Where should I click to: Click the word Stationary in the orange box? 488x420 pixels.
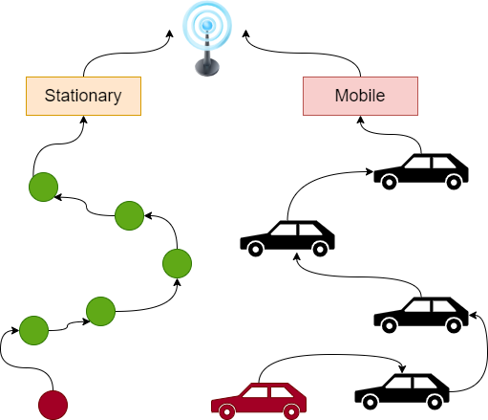[83, 96]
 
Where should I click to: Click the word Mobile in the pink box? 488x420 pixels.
[359, 96]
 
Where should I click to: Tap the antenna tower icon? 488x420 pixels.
[205, 38]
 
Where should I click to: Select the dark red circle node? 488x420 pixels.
[53, 405]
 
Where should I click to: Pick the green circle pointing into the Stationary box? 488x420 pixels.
[43, 187]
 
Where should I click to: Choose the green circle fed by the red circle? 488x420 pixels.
[33, 330]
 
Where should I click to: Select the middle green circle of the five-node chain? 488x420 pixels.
[178, 262]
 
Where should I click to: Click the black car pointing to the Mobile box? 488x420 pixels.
[421, 171]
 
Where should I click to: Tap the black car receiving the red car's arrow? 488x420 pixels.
[401, 388]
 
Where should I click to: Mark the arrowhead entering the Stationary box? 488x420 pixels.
[83, 120]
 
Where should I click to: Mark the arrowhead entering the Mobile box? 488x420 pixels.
[359, 120]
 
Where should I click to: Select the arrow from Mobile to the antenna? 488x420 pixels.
[306, 53]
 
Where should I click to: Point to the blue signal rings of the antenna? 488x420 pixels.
[205, 23]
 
